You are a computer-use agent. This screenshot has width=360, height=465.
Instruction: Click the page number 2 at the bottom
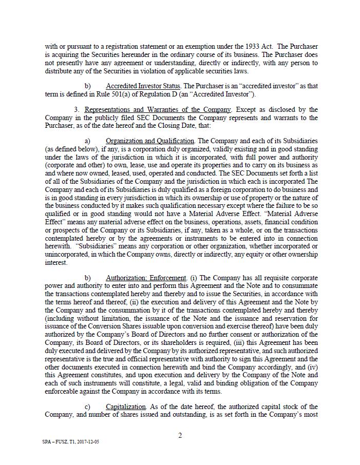pos(180,436)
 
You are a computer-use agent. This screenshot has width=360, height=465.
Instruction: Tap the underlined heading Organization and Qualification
pos(150,141)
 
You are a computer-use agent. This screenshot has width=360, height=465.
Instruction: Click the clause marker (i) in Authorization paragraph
pos(194,278)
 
